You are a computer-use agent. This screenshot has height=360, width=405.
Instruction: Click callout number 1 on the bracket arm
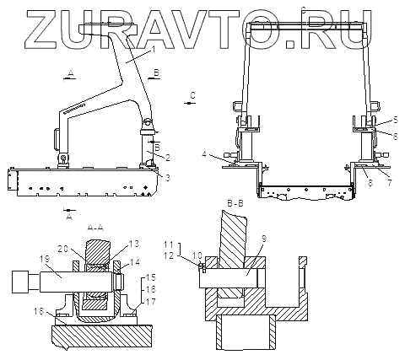point(154,50)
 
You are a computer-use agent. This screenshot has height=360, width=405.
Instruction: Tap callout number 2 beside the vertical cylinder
point(168,158)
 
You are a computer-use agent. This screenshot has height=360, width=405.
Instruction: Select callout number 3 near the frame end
point(168,178)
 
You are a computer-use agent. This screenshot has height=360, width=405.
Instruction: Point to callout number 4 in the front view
point(204,154)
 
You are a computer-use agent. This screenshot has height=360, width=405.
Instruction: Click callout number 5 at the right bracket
point(396,120)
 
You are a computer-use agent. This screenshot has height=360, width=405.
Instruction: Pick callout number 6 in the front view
point(396,137)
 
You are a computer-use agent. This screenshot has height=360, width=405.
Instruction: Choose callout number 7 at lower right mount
point(390,183)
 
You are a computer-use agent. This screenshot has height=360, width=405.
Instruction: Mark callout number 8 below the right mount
point(370,183)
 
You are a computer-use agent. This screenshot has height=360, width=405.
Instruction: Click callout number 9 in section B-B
point(264,239)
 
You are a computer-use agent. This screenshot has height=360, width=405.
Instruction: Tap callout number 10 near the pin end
point(197,255)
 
